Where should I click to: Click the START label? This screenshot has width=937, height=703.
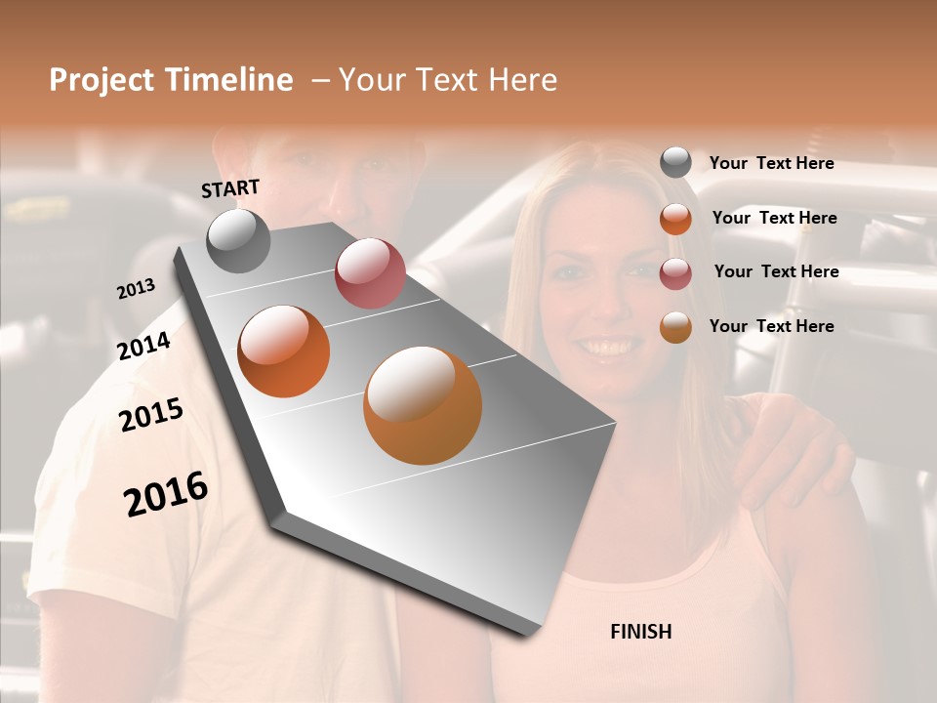tap(230, 188)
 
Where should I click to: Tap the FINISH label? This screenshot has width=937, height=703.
tap(640, 632)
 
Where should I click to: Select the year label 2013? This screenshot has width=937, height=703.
tap(136, 289)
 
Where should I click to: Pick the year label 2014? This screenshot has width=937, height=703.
tap(143, 347)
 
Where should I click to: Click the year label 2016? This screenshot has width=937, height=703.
tap(166, 494)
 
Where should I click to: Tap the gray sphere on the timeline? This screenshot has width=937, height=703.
tap(239, 241)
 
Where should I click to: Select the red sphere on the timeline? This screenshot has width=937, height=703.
tap(370, 273)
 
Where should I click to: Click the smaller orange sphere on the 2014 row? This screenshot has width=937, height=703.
tap(284, 351)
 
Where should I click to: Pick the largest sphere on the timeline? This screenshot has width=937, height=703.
tap(423, 405)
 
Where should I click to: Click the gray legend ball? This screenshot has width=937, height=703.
tap(675, 163)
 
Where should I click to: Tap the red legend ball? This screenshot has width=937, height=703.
tap(675, 273)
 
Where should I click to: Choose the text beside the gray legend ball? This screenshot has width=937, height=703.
tap(771, 164)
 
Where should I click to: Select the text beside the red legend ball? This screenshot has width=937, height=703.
tap(776, 271)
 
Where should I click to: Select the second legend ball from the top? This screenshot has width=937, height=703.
tap(675, 219)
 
